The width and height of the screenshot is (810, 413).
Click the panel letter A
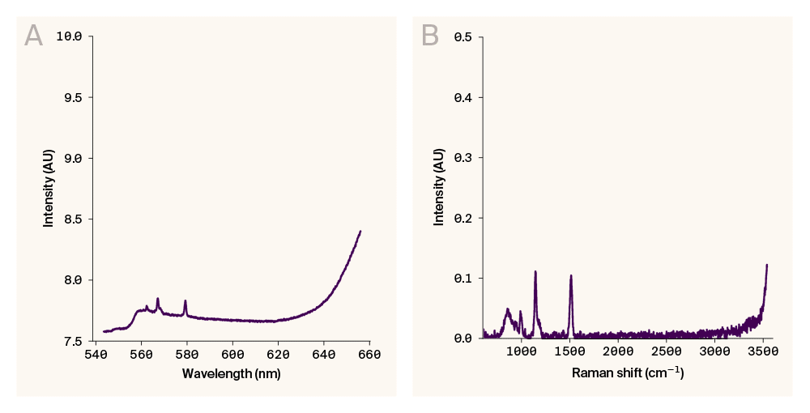click(x=33, y=36)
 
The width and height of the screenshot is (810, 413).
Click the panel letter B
click(x=430, y=36)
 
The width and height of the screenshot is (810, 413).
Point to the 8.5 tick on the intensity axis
click(x=71, y=219)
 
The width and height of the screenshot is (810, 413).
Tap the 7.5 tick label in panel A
click(x=71, y=341)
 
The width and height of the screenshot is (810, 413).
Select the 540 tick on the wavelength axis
click(x=96, y=354)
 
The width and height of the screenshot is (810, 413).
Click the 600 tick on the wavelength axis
click(x=232, y=354)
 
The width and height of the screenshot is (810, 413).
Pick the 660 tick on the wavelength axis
click(x=370, y=354)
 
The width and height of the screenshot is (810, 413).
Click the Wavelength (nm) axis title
click(x=231, y=373)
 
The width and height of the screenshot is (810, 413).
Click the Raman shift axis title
click(x=628, y=373)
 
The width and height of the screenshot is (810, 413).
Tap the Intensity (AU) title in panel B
click(x=439, y=187)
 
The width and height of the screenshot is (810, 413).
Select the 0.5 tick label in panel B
click(x=463, y=36)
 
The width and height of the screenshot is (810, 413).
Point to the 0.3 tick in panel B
click(x=463, y=158)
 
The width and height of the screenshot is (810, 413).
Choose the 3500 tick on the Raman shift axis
click(x=764, y=354)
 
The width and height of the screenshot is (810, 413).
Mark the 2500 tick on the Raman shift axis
click(x=667, y=354)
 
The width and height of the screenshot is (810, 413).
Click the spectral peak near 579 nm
click(x=185, y=300)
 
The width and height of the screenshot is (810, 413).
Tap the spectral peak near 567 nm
click(x=158, y=298)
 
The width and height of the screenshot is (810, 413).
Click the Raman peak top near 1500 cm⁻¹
click(x=571, y=275)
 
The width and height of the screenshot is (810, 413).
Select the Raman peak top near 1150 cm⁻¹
click(x=535, y=271)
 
